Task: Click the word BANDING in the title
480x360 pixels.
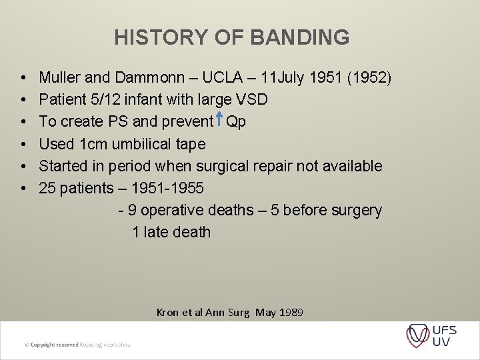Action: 299,37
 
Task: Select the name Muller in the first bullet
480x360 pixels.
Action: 60,78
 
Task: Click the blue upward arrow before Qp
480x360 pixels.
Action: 218,121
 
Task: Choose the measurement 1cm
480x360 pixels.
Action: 93,144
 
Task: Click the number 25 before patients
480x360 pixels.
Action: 47,188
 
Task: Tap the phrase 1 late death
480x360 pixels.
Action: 171,232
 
